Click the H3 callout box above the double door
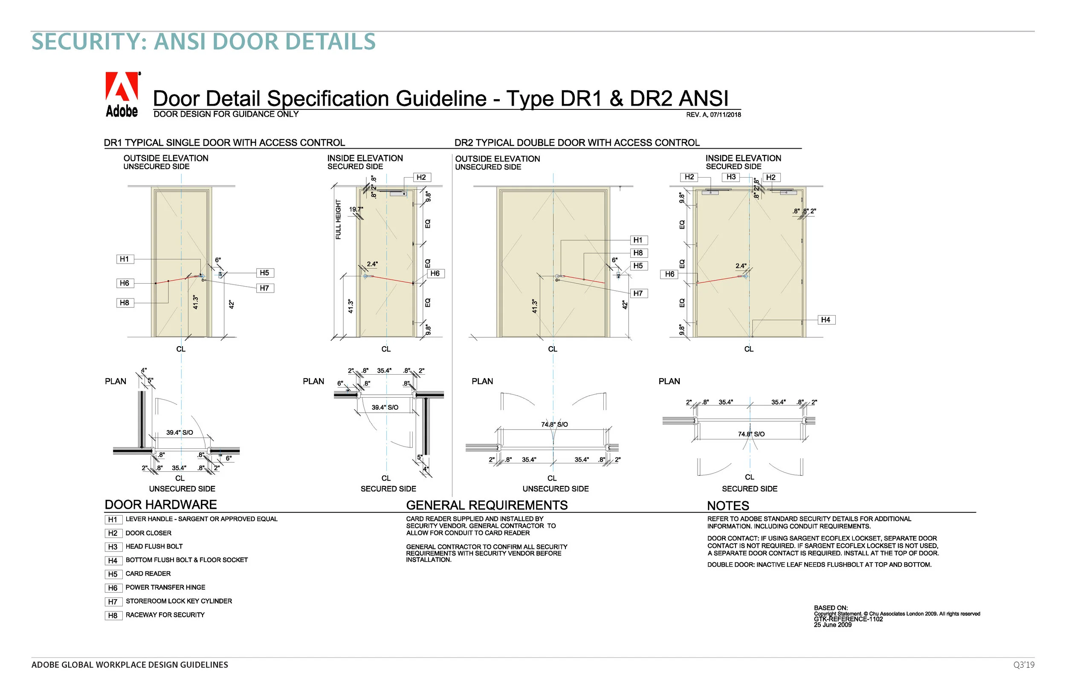(731, 177)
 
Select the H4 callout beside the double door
(826, 320)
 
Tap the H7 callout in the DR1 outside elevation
(264, 288)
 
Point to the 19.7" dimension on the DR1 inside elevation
(356, 210)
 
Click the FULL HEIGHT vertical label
(339, 219)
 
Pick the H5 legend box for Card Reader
(113, 574)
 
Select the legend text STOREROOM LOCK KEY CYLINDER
(179, 601)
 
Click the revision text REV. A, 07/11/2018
(713, 115)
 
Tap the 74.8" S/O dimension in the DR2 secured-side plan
(751, 434)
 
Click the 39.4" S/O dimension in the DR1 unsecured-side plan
(180, 433)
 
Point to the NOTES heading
(728, 505)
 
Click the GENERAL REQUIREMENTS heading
(487, 505)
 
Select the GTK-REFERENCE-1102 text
(848, 619)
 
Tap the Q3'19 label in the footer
(1023, 665)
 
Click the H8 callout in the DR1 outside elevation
(125, 303)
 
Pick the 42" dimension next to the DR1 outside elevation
(232, 304)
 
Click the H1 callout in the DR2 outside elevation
(638, 240)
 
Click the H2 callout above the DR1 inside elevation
(421, 177)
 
